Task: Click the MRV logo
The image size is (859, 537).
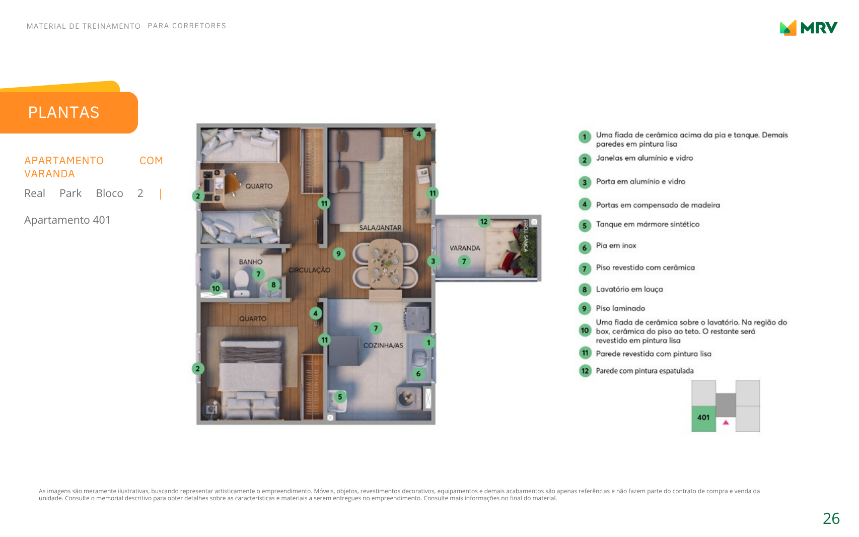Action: pyautogui.click(x=808, y=28)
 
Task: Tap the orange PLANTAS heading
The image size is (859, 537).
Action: pyautogui.click(x=63, y=112)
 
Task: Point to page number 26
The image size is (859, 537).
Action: pyautogui.click(x=831, y=518)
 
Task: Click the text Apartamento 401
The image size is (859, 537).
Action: pyautogui.click(x=67, y=220)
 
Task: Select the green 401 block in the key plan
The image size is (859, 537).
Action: pyautogui.click(x=703, y=419)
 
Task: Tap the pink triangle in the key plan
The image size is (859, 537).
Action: pyautogui.click(x=726, y=422)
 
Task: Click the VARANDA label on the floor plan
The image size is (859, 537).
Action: pyautogui.click(x=465, y=248)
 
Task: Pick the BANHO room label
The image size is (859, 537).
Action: pyautogui.click(x=251, y=261)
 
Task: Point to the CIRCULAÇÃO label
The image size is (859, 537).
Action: pyautogui.click(x=309, y=270)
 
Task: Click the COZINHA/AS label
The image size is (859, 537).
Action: pyautogui.click(x=383, y=345)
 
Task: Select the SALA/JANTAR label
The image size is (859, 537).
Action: pyautogui.click(x=380, y=228)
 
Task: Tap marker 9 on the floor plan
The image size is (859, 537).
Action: pyautogui.click(x=338, y=253)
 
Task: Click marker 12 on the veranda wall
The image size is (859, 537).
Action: pyautogui.click(x=484, y=221)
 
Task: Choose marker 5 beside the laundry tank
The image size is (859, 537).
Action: pyautogui.click(x=340, y=396)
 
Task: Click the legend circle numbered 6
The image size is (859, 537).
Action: pyautogui.click(x=585, y=248)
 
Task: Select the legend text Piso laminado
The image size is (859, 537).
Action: pyautogui.click(x=620, y=308)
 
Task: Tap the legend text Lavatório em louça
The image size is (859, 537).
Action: pyautogui.click(x=629, y=289)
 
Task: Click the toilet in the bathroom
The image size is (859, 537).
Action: pyautogui.click(x=242, y=283)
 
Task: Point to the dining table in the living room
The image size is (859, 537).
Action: pyautogui.click(x=385, y=263)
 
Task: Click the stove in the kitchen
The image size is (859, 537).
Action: pyautogui.click(x=417, y=318)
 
